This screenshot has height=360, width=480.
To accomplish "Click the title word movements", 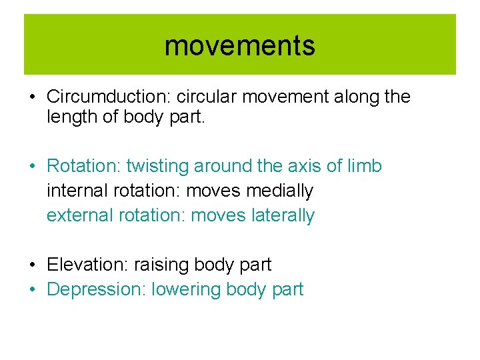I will click(239, 46).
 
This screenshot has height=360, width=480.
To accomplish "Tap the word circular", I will click(206, 97).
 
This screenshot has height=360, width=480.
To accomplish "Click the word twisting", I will click(157, 166).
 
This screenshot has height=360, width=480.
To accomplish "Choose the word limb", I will click(366, 166).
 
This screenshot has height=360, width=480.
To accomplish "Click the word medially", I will click(279, 191).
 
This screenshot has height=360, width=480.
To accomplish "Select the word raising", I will click(161, 265).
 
